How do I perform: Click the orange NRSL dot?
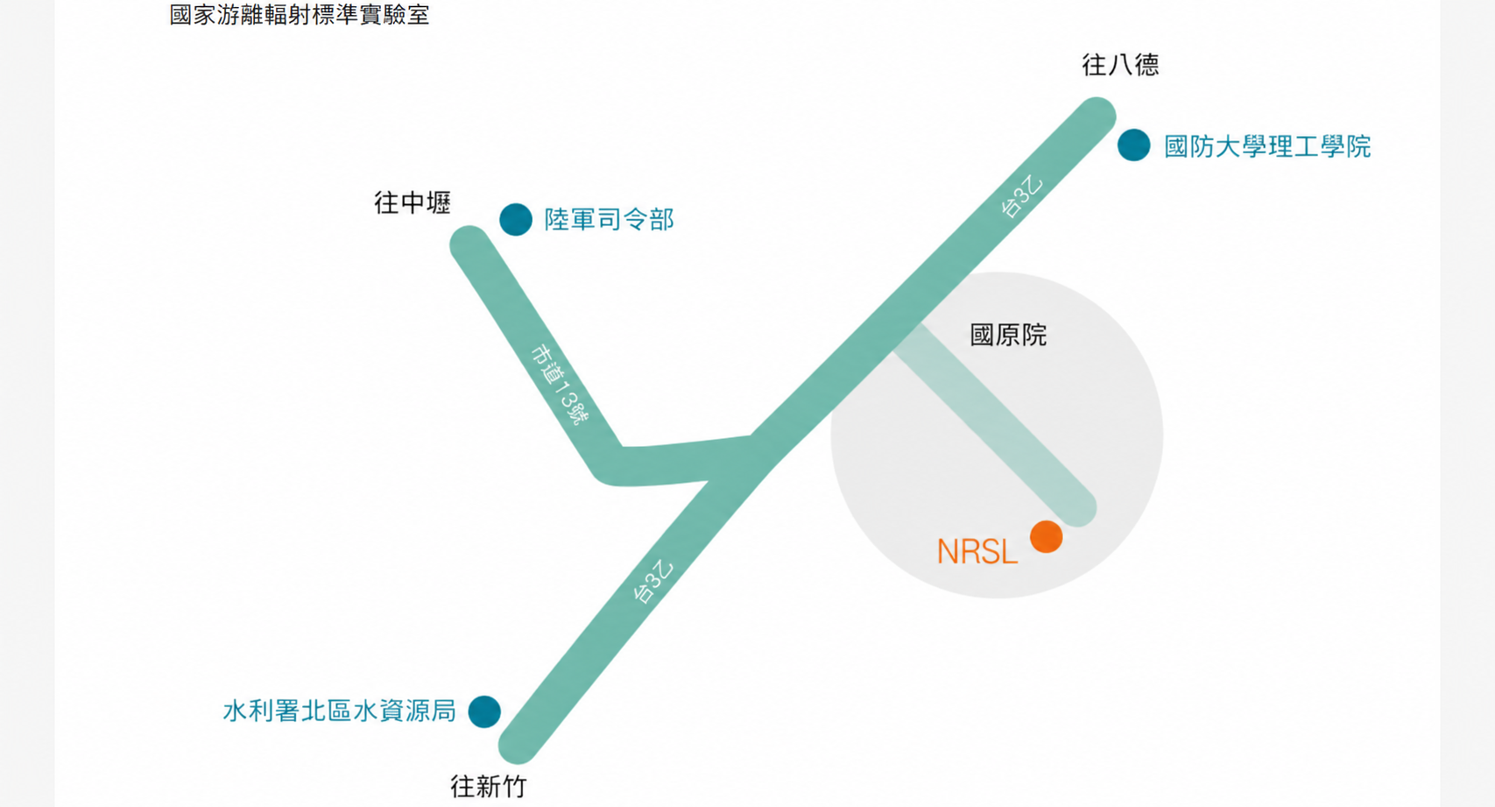pos(1046,536)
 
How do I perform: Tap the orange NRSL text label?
pos(977,552)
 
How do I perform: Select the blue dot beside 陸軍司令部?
pos(516,220)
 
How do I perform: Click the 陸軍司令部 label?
pos(609,220)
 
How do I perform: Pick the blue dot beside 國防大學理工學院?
pos(1134,145)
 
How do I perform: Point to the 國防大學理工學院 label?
pos(1267,146)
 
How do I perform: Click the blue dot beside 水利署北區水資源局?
pos(484,711)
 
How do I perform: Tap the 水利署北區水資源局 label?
pos(340,711)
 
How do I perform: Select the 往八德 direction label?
pos(1120,66)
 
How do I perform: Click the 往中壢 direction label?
pos(413,203)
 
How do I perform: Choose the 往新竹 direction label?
pos(489,787)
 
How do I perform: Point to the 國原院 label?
pos(1008,335)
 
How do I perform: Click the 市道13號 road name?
pos(560,386)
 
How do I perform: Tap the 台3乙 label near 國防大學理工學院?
pos(1021,196)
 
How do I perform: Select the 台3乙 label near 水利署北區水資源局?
pos(652,582)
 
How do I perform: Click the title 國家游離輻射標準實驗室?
pos(299,15)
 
